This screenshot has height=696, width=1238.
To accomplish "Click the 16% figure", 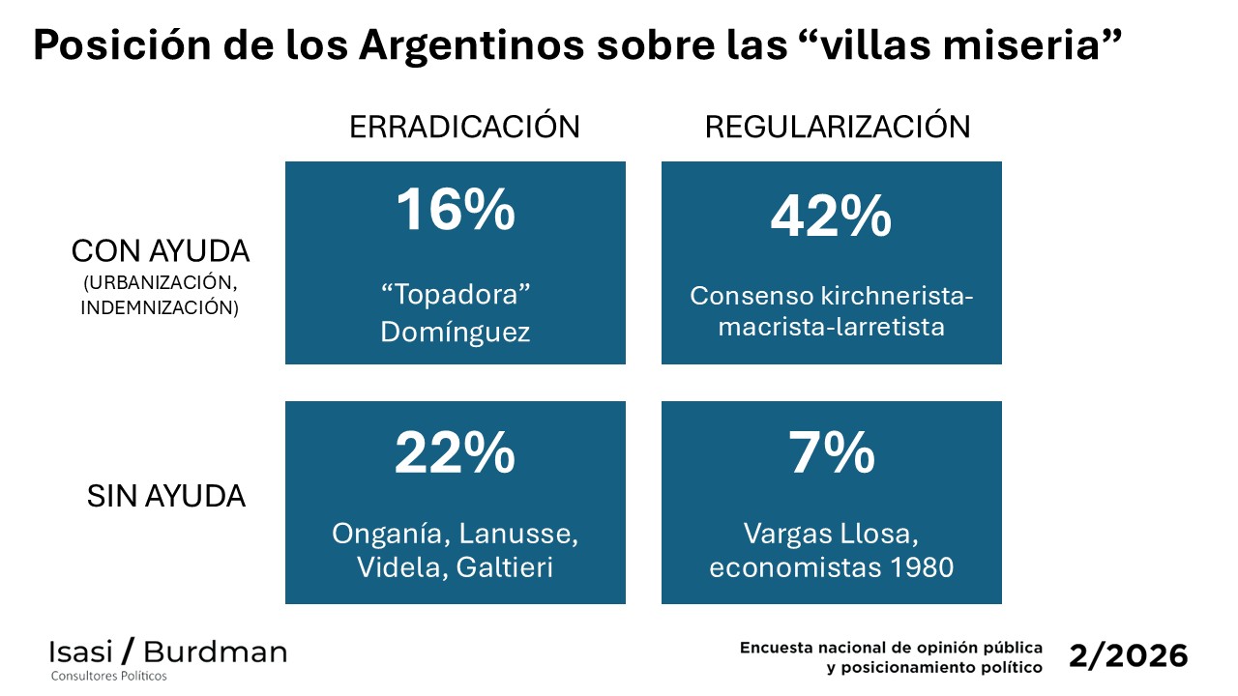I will pyautogui.click(x=455, y=211).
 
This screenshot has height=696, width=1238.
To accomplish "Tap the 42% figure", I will pyautogui.click(x=831, y=217).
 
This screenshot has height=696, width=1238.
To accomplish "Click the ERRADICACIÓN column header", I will pyautogui.click(x=464, y=127).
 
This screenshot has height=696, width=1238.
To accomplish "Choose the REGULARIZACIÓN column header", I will pyautogui.click(x=838, y=127).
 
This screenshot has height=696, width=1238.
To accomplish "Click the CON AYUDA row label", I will pyautogui.click(x=161, y=251).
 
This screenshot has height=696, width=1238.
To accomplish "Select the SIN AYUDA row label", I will pyautogui.click(x=166, y=497).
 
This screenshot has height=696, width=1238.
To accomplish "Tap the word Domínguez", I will pyautogui.click(x=455, y=332).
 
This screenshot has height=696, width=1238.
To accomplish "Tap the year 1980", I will pyautogui.click(x=918, y=566).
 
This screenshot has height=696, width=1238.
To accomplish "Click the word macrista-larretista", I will pyautogui.click(x=831, y=327).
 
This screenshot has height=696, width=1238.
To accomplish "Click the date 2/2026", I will pyautogui.click(x=1129, y=655).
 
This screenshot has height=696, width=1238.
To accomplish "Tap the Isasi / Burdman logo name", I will pyautogui.click(x=168, y=651).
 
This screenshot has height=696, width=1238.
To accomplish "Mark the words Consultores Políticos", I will pyautogui.click(x=109, y=676).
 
